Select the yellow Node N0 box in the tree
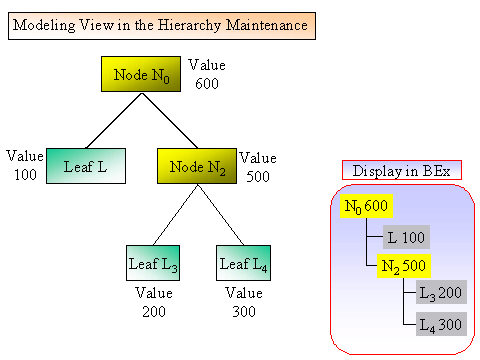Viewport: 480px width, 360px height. click(x=140, y=75)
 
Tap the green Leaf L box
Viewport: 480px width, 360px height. click(x=86, y=166)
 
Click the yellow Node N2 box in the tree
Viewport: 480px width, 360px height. click(x=197, y=166)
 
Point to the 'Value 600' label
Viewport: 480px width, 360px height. click(x=207, y=75)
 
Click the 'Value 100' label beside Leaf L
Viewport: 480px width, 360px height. click(x=24, y=166)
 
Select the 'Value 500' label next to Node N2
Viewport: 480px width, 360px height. click(x=258, y=166)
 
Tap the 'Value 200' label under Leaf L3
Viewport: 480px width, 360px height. click(x=154, y=302)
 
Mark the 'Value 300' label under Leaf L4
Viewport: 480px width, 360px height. click(x=243, y=302)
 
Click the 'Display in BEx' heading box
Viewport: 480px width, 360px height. click(x=400, y=170)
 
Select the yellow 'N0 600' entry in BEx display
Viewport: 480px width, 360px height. click(x=366, y=206)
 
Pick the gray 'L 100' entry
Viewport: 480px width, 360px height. click(x=406, y=237)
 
